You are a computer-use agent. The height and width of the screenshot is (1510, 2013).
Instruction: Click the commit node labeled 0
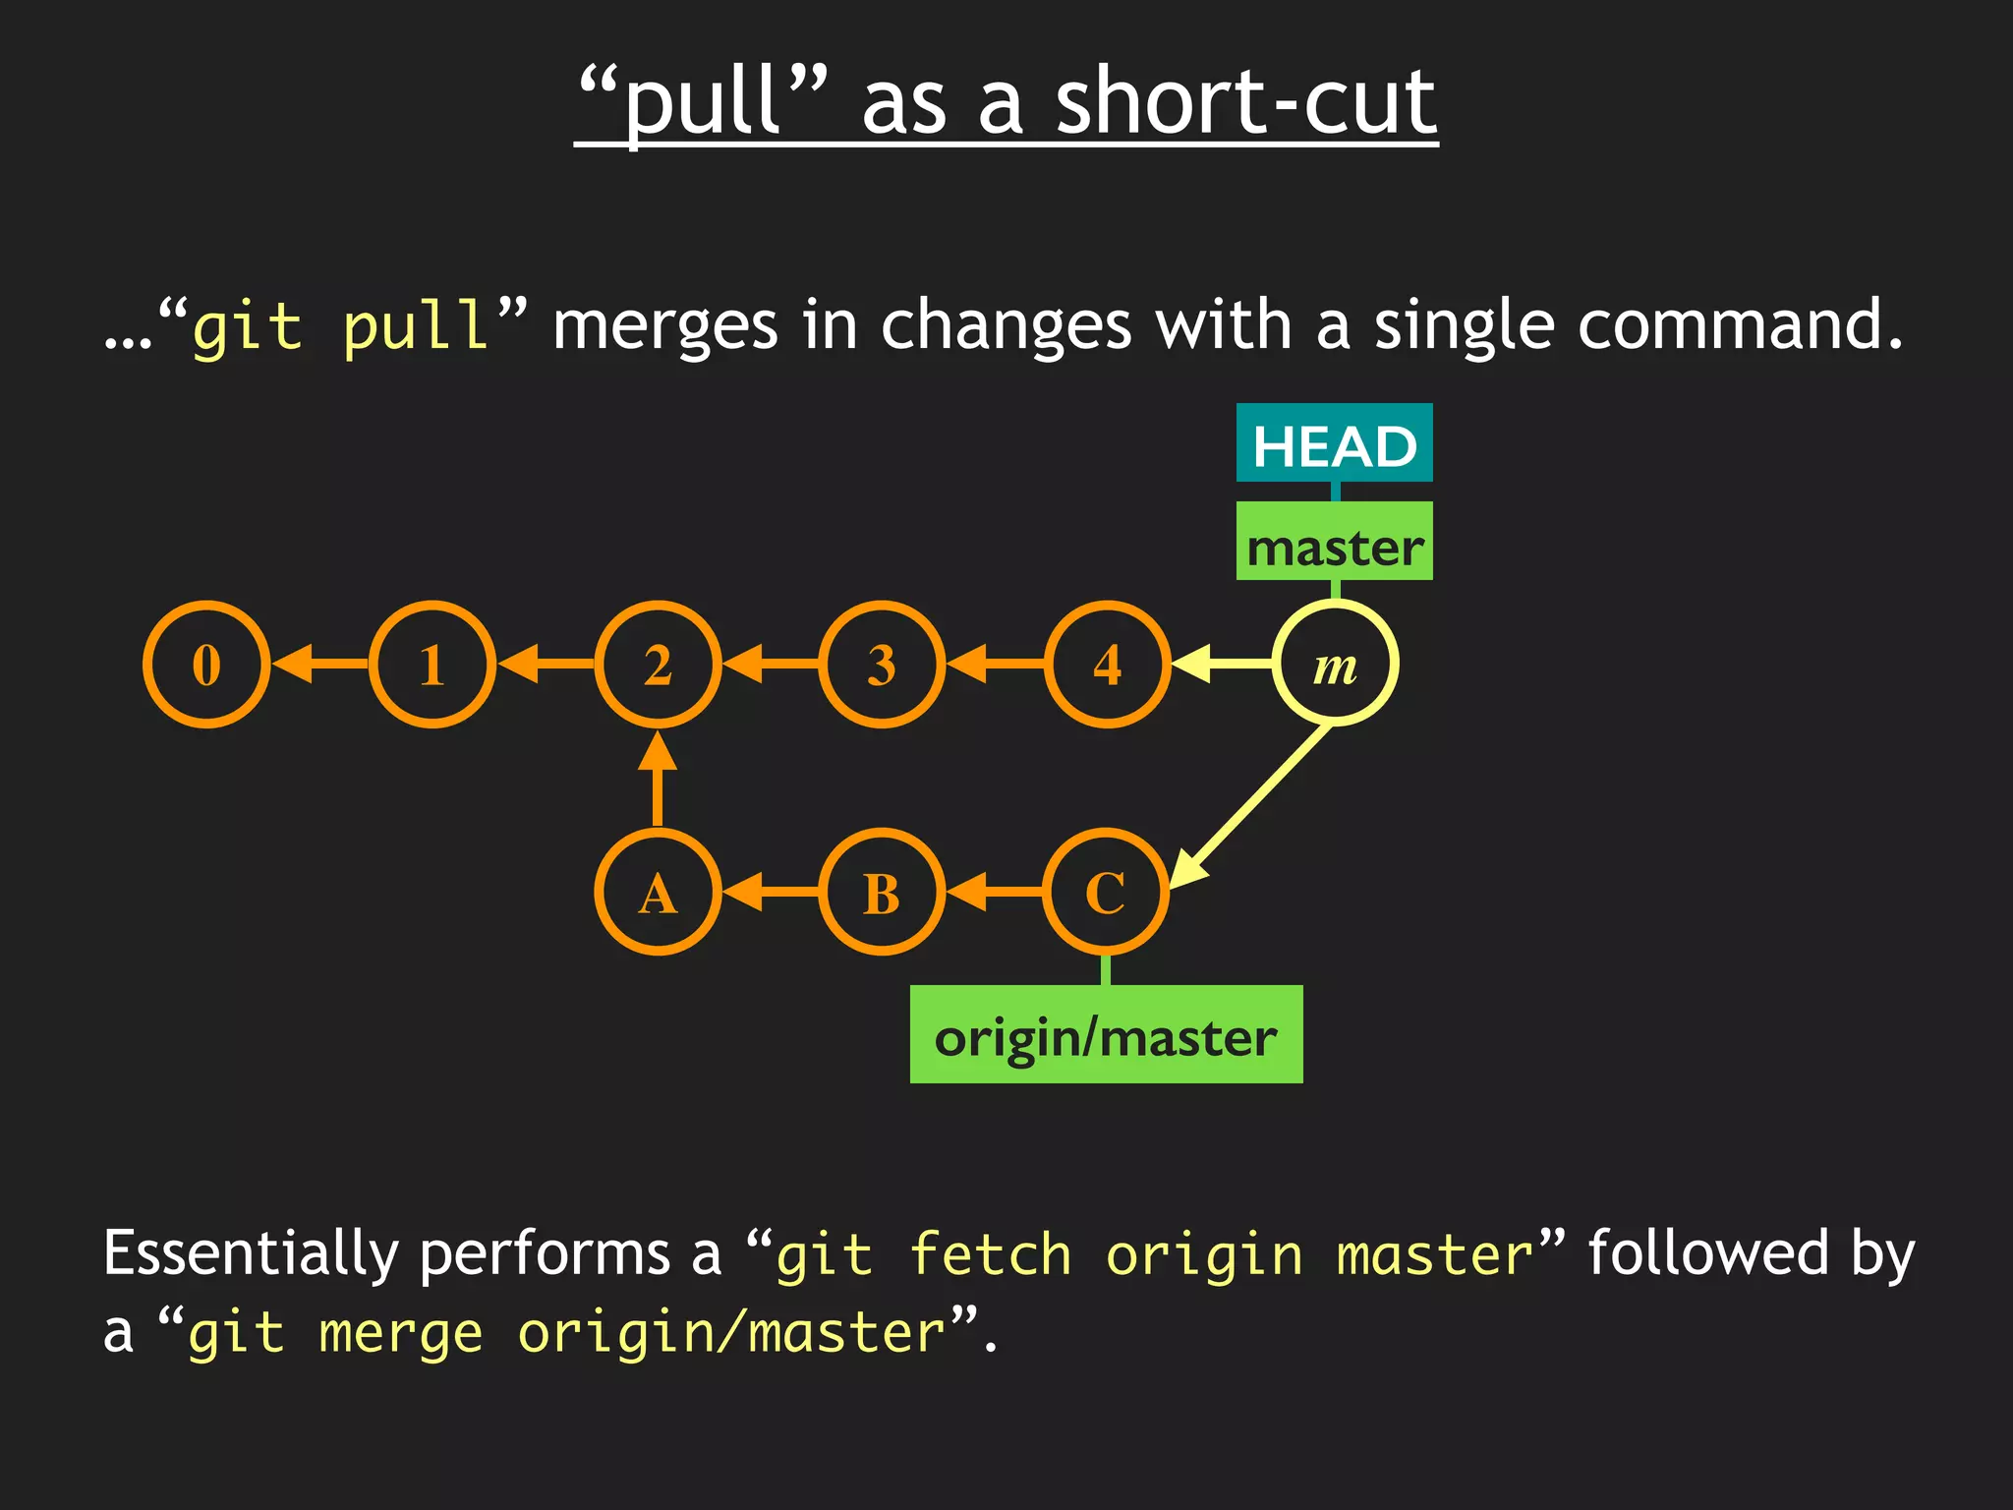(206, 665)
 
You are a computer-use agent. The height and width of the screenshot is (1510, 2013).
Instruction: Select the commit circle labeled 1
(432, 665)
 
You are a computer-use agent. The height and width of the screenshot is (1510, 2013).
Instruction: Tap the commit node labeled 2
(658, 665)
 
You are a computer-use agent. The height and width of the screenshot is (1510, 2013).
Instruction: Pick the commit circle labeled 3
(882, 665)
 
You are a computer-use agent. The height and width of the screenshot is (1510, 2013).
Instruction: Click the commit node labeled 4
(1108, 665)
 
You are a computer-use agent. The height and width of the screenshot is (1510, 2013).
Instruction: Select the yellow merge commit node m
(1335, 665)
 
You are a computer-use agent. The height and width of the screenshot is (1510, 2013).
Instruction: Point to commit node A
(658, 893)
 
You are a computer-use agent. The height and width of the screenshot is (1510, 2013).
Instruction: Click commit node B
(882, 893)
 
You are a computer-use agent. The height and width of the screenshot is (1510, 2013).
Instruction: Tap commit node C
(1106, 893)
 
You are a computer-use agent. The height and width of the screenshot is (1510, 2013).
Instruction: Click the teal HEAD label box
(1334, 443)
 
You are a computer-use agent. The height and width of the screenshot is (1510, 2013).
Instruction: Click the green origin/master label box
(1106, 1034)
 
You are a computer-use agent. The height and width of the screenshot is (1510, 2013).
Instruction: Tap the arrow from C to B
(995, 893)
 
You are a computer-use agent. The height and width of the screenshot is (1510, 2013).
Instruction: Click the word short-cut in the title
(1245, 101)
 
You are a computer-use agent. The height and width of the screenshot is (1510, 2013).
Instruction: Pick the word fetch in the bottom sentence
(990, 1255)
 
